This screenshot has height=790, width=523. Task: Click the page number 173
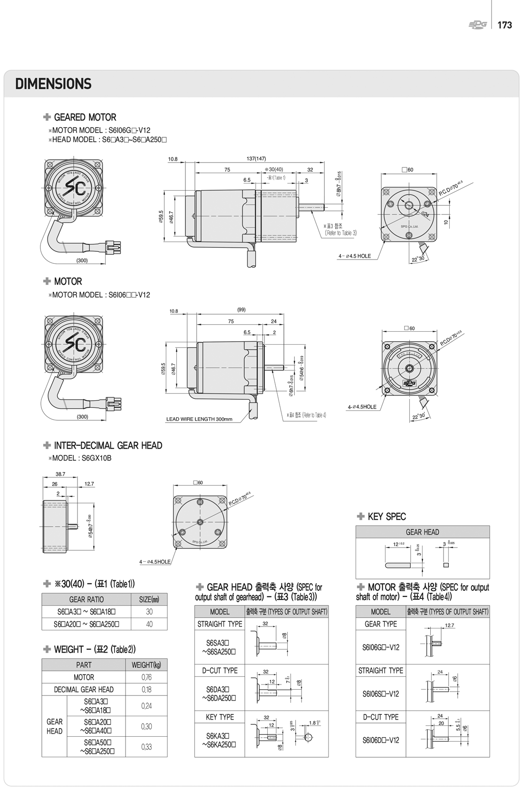(x=504, y=25)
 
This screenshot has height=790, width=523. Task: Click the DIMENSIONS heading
(x=53, y=84)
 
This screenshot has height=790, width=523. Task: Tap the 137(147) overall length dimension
(x=256, y=159)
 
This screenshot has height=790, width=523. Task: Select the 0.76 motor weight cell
(x=146, y=677)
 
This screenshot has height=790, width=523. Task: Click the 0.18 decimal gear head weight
(x=146, y=689)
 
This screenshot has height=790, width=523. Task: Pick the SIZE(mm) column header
(x=149, y=599)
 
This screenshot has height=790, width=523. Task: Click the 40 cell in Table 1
(x=149, y=624)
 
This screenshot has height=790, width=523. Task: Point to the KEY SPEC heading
(x=387, y=517)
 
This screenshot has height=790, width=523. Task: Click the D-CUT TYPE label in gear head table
(x=220, y=670)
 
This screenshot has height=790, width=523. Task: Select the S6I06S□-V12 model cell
(x=381, y=694)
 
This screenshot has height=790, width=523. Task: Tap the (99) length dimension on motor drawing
(x=241, y=309)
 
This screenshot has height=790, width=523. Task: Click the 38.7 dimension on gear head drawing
(x=60, y=474)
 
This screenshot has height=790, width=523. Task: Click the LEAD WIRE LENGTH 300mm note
(x=199, y=419)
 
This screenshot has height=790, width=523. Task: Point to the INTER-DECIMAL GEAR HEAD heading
(x=108, y=445)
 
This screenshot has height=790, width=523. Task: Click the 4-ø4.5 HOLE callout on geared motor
(x=354, y=256)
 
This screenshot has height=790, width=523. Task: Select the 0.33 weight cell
(x=146, y=747)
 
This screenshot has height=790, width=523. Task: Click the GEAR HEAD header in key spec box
(x=422, y=532)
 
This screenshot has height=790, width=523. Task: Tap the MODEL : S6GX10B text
(x=82, y=458)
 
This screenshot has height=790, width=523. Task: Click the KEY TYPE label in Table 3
(x=220, y=717)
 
